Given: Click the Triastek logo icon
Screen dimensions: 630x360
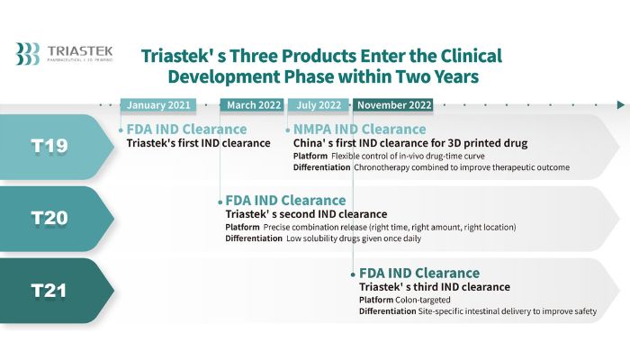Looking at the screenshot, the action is click(x=27, y=53).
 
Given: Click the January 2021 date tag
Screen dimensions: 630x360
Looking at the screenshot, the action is click(x=158, y=105).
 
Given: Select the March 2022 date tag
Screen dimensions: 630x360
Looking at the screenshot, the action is click(x=252, y=105).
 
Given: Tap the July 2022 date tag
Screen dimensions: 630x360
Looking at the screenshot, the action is click(x=319, y=105).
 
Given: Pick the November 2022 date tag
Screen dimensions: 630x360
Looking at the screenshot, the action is click(x=393, y=105).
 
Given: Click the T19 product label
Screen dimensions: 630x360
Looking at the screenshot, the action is click(x=49, y=146).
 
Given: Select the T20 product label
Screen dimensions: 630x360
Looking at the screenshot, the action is click(x=49, y=218).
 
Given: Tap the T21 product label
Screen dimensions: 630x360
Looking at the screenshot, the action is click(x=49, y=291).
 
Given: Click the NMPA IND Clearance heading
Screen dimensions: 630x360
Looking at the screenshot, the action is click(x=360, y=129).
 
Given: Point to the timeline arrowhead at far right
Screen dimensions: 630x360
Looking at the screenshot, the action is click(x=621, y=105).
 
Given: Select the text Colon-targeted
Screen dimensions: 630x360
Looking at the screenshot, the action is click(x=423, y=300).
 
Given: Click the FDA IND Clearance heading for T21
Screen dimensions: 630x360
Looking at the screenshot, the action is click(x=419, y=273).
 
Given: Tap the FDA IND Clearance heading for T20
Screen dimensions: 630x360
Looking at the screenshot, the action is click(x=285, y=200).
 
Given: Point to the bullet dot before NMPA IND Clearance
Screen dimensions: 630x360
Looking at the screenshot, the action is click(x=288, y=130).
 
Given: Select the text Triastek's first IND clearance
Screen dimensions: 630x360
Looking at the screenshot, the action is click(x=199, y=143).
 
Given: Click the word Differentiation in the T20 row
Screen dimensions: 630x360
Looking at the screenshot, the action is click(x=254, y=238).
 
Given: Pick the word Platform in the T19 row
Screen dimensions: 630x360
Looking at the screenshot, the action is click(x=310, y=156).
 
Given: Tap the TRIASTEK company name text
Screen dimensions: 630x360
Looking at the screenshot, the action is click(x=80, y=51).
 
